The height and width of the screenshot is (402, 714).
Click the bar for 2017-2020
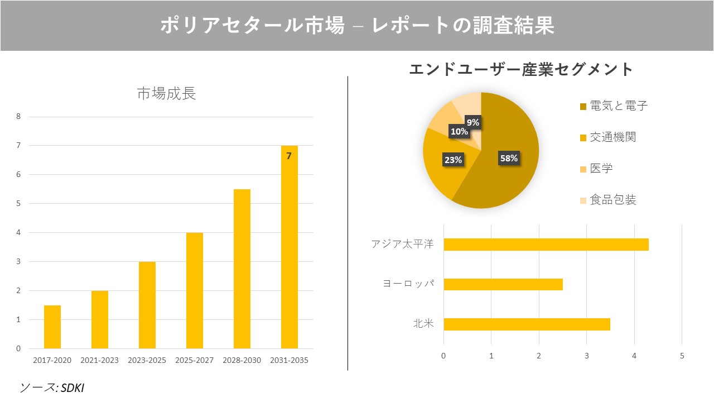pos(52,327)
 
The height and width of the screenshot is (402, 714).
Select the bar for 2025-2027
pos(195,290)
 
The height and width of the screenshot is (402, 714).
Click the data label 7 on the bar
pos(289,156)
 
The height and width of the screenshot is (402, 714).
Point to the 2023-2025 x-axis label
pos(147,360)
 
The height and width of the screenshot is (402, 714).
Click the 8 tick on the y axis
pos(18,117)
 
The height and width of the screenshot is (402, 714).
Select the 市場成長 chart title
pos(166,93)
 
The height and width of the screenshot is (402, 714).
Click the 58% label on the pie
pos(509,158)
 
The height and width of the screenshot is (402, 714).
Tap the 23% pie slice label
pos(453,160)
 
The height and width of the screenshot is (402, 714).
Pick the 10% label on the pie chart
pos(459,131)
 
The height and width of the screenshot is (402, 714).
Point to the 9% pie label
pos(473,122)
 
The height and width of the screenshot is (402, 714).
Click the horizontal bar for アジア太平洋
pos(546,245)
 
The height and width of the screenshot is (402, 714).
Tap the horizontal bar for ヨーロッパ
pos(503,284)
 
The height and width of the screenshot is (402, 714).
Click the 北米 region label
pos(423,324)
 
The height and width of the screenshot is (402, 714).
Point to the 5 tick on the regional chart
pos(682,356)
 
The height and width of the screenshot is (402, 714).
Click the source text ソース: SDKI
pos(52,387)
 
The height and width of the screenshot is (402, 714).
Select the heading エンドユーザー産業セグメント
pos(521,69)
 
